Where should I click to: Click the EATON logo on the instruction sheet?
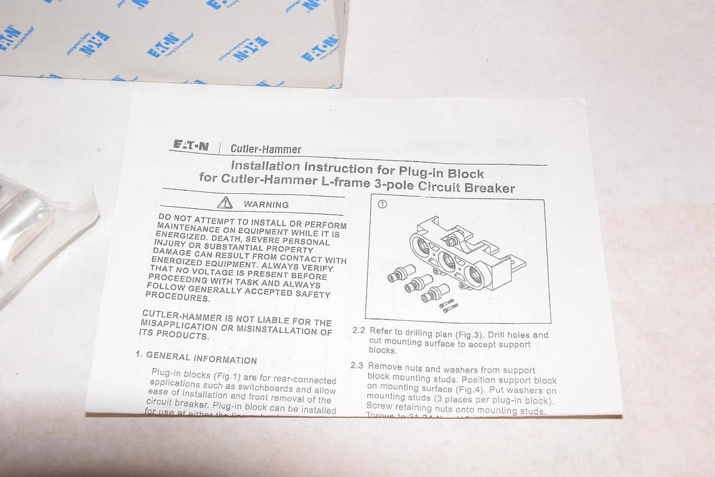pos(191,145)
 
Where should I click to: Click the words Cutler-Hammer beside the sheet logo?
pos(257,149)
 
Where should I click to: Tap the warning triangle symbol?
pos(225,203)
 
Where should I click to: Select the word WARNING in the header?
pos(266,205)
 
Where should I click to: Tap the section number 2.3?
pos(357,366)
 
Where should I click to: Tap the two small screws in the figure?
pos(449,305)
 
